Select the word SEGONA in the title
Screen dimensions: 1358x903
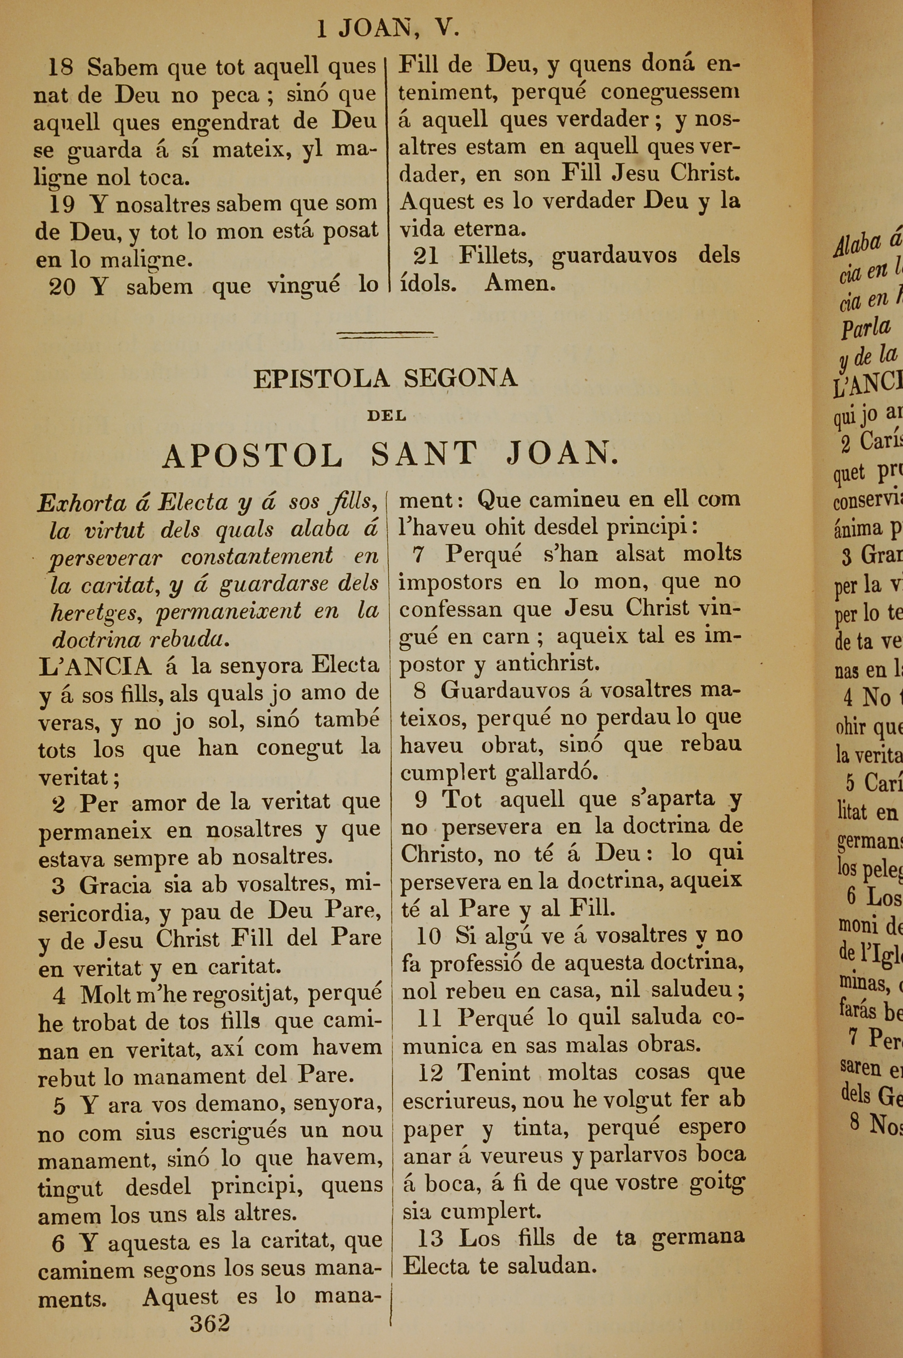[460, 378]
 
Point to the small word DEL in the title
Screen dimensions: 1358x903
[386, 415]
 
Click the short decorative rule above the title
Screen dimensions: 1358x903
[386, 335]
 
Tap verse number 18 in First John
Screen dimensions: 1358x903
[61, 68]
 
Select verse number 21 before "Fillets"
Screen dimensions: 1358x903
[426, 256]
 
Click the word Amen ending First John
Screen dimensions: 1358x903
[520, 283]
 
